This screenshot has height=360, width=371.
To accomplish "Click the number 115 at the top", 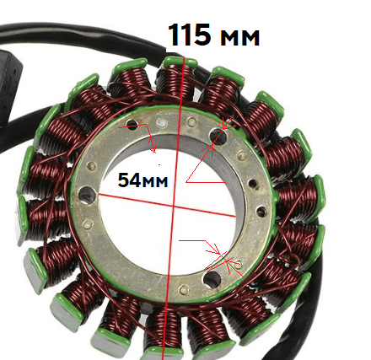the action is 189,35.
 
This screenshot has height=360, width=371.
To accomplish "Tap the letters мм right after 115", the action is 239,38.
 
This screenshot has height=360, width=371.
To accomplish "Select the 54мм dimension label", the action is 142,180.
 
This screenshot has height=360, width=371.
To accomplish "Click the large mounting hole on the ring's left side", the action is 87,195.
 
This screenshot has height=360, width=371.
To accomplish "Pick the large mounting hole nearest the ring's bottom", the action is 212,279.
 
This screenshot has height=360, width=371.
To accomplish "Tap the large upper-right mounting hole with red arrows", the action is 218,136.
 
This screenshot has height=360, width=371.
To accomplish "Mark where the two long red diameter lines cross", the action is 174,207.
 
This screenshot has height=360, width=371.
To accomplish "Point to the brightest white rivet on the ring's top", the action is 162,122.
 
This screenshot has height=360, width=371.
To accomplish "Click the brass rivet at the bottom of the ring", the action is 184,289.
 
